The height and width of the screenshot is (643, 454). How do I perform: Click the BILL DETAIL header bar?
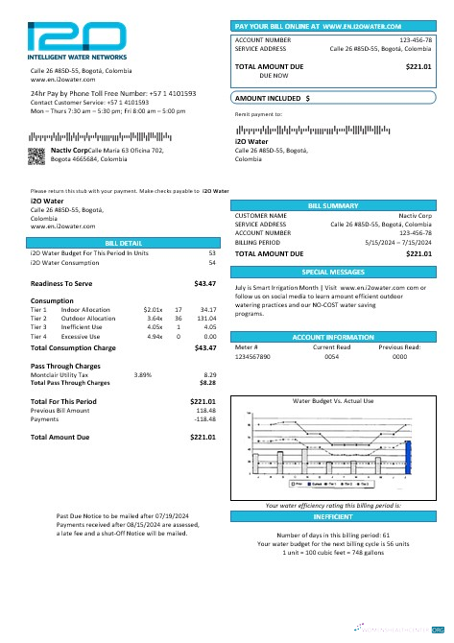click(x=124, y=244)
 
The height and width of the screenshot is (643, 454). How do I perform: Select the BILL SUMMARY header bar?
click(x=332, y=205)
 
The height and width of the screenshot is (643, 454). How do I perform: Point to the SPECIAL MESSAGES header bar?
click(x=332, y=273)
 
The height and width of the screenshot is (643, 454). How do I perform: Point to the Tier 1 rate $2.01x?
click(x=153, y=309)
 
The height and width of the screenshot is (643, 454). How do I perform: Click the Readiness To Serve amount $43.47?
click(x=203, y=284)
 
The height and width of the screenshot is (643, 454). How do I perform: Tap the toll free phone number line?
click(x=113, y=93)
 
